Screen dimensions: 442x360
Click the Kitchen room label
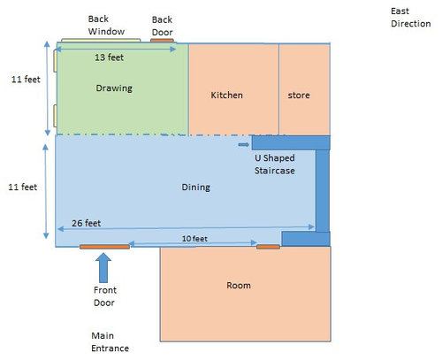(x=226, y=95)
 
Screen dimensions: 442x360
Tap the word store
(x=299, y=96)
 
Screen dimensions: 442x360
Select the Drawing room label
(x=114, y=88)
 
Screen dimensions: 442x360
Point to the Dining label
(x=195, y=188)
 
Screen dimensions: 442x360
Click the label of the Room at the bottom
(x=239, y=285)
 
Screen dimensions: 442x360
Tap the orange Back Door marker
(x=162, y=41)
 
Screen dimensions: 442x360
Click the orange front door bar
(x=104, y=247)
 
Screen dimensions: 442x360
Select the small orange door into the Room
(x=268, y=247)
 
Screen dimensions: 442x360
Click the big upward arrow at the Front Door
(x=103, y=268)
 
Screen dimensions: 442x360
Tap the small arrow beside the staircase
(x=244, y=144)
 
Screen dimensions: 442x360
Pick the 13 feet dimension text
(x=109, y=57)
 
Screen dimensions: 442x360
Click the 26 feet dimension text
(x=86, y=223)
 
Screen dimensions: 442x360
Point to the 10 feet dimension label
(x=194, y=238)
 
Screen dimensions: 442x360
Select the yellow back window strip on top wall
(x=101, y=40)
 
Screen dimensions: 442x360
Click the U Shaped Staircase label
(x=275, y=165)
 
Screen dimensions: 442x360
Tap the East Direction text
(x=411, y=18)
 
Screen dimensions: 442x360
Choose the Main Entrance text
(x=110, y=342)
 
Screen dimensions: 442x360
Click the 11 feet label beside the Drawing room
(x=26, y=80)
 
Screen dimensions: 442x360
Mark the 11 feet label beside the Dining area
(x=22, y=187)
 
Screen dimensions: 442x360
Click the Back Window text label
(x=106, y=25)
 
